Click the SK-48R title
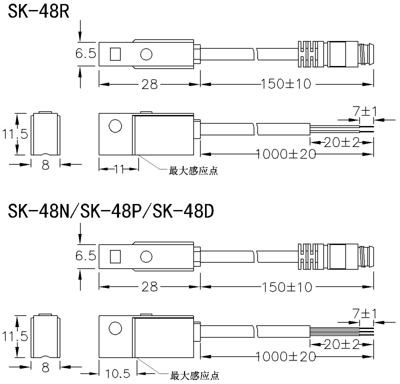click(x=38, y=11)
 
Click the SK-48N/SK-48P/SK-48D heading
click(x=111, y=211)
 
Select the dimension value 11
click(x=119, y=168)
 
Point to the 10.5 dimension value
click(x=117, y=373)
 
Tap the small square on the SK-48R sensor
click(x=115, y=54)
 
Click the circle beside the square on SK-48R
click(x=146, y=54)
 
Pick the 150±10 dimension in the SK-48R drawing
click(x=286, y=83)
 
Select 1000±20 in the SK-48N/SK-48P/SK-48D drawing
click(x=285, y=356)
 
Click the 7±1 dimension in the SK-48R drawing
click(x=365, y=111)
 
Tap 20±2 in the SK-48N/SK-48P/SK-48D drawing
click(x=341, y=344)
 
